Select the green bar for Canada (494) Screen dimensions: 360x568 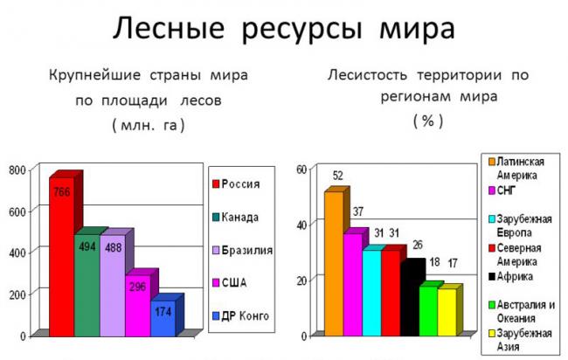pos(86,284)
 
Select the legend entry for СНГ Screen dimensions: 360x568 pos(515,190)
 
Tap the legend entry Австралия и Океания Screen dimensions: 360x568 pos(524,310)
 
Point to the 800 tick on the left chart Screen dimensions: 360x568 pos(17,170)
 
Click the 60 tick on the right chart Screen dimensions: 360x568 pos(302,170)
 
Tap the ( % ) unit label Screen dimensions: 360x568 pos(427,121)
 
